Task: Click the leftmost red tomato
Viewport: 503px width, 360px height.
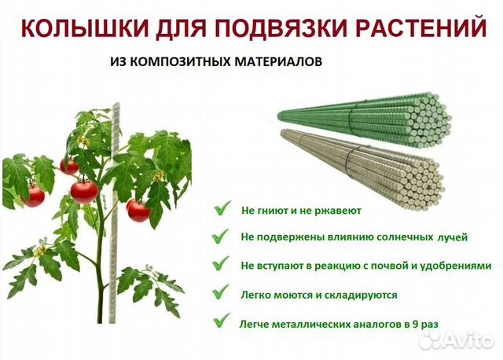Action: [x=33, y=194]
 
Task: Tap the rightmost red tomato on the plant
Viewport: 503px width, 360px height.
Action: [x=138, y=209]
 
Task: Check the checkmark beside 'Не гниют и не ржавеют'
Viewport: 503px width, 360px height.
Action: [x=224, y=209]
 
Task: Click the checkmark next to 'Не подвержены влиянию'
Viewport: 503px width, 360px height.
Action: [x=224, y=236]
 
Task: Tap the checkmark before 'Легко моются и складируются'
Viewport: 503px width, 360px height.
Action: [x=224, y=295]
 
